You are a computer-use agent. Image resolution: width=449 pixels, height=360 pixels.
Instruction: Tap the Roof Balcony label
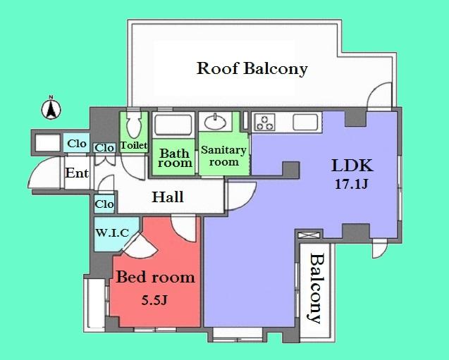(252, 68)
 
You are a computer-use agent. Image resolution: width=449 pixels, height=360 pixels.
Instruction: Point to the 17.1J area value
(352, 185)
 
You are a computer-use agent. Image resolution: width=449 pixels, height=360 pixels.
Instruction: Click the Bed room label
(155, 277)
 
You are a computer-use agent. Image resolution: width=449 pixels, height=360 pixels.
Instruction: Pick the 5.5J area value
(155, 300)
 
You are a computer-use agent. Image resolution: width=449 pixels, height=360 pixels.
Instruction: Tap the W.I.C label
(111, 231)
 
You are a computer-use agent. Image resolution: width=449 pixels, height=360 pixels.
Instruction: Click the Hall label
(168, 197)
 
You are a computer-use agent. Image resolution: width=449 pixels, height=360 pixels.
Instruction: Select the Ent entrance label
(75, 173)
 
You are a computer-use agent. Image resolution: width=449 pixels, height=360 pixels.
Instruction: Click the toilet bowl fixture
(133, 128)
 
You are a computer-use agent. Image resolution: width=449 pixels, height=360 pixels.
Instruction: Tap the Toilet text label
(133, 146)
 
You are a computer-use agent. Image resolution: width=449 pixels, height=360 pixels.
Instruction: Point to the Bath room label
(174, 157)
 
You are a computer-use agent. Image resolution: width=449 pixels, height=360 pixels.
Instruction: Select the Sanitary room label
(223, 156)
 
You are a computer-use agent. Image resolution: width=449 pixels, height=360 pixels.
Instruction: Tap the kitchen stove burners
(266, 123)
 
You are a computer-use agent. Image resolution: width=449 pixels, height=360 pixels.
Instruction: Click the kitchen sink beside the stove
(307, 122)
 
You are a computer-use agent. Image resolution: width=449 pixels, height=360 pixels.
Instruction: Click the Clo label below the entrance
(104, 204)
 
